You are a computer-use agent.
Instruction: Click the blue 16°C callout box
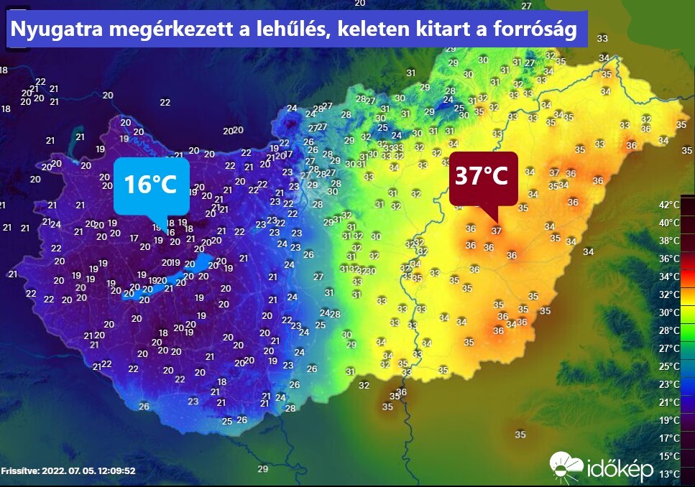[x=151, y=185]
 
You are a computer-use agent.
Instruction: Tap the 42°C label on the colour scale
[x=669, y=205]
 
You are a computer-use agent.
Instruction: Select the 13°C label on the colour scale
[x=669, y=474]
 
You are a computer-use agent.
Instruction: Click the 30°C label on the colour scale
[x=669, y=312]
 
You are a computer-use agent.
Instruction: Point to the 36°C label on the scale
[x=669, y=259]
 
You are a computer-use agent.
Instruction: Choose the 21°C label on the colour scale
[x=669, y=402]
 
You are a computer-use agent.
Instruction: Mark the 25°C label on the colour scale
[x=669, y=366]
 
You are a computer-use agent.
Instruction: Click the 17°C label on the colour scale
[x=669, y=438]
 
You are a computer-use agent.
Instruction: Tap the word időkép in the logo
[x=620, y=469]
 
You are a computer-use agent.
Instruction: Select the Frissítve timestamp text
[x=68, y=471]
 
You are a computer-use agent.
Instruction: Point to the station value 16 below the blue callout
[x=170, y=232]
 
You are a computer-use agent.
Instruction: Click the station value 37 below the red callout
[x=496, y=231]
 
